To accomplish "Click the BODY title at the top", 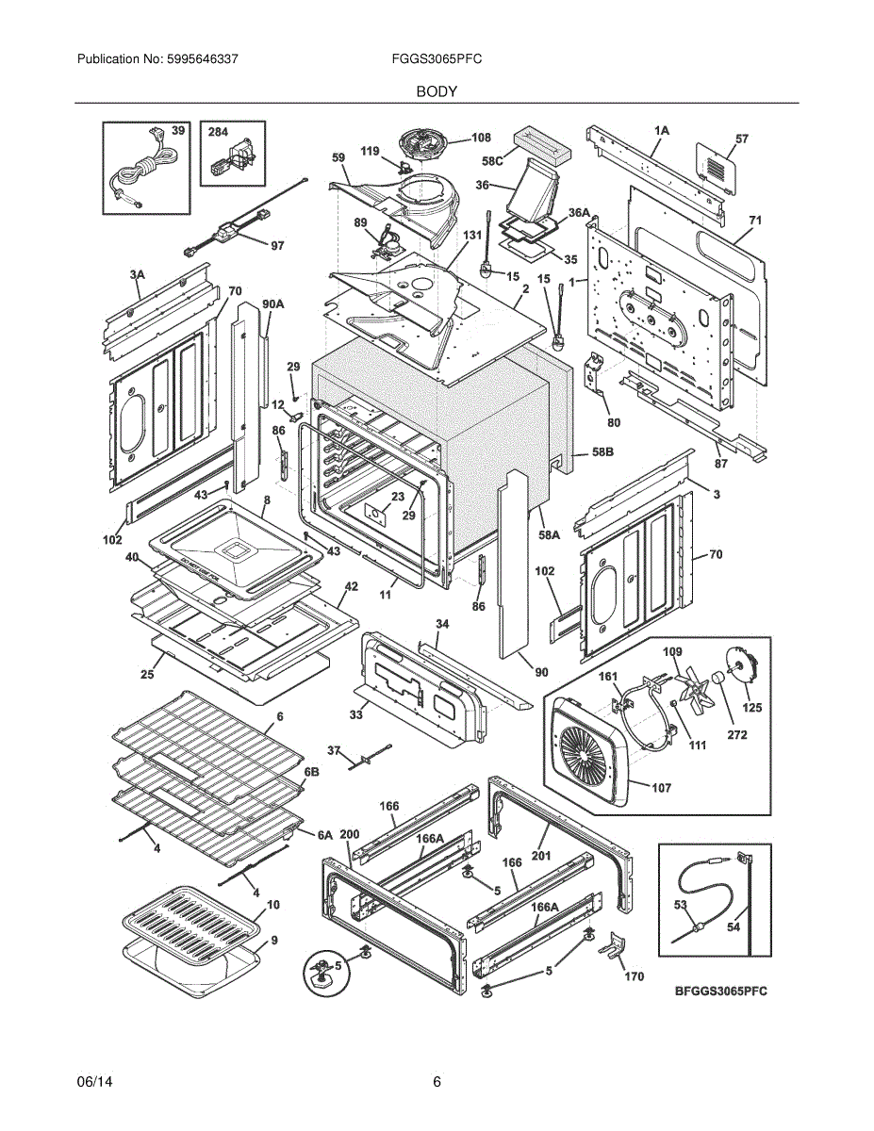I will coord(437,91).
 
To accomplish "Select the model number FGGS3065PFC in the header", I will coord(437,58).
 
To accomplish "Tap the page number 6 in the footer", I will coord(437,1082).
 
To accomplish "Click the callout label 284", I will coord(218,133).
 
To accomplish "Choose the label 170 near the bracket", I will coord(635,976).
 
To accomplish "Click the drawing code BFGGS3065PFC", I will coord(720,992).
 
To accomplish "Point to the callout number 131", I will coord(471,235).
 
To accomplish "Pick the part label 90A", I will coord(272,303).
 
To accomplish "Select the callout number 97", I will coord(276,246).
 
